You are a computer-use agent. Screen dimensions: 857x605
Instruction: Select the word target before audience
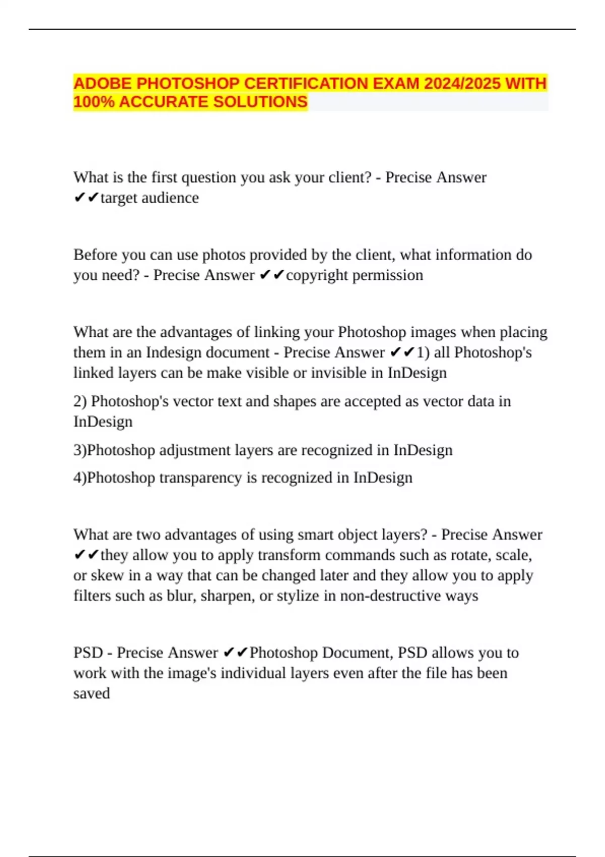coord(119,198)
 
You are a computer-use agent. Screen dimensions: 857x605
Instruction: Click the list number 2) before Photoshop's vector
coord(80,401)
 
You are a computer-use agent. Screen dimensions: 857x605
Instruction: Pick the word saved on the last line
coord(91,693)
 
